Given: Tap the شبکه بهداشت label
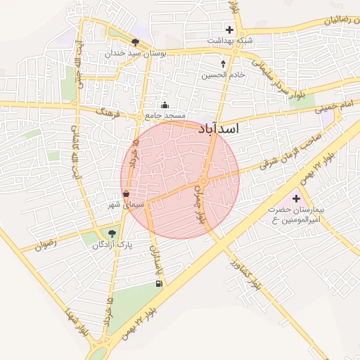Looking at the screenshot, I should click(x=229, y=41).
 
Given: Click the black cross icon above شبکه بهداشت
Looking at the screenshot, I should click(x=229, y=30).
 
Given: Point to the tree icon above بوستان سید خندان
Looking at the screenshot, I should click(x=135, y=43).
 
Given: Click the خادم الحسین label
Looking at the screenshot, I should click(x=224, y=75).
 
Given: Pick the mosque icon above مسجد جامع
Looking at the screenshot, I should click(x=165, y=105).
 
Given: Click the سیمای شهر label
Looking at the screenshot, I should click(x=126, y=205).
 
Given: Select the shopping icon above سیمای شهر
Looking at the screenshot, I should click(x=126, y=194).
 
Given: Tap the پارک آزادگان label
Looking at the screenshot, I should click(x=111, y=245).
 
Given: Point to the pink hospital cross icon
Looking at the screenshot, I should click(x=295, y=199).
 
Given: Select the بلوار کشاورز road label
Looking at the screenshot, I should click(x=243, y=275).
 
